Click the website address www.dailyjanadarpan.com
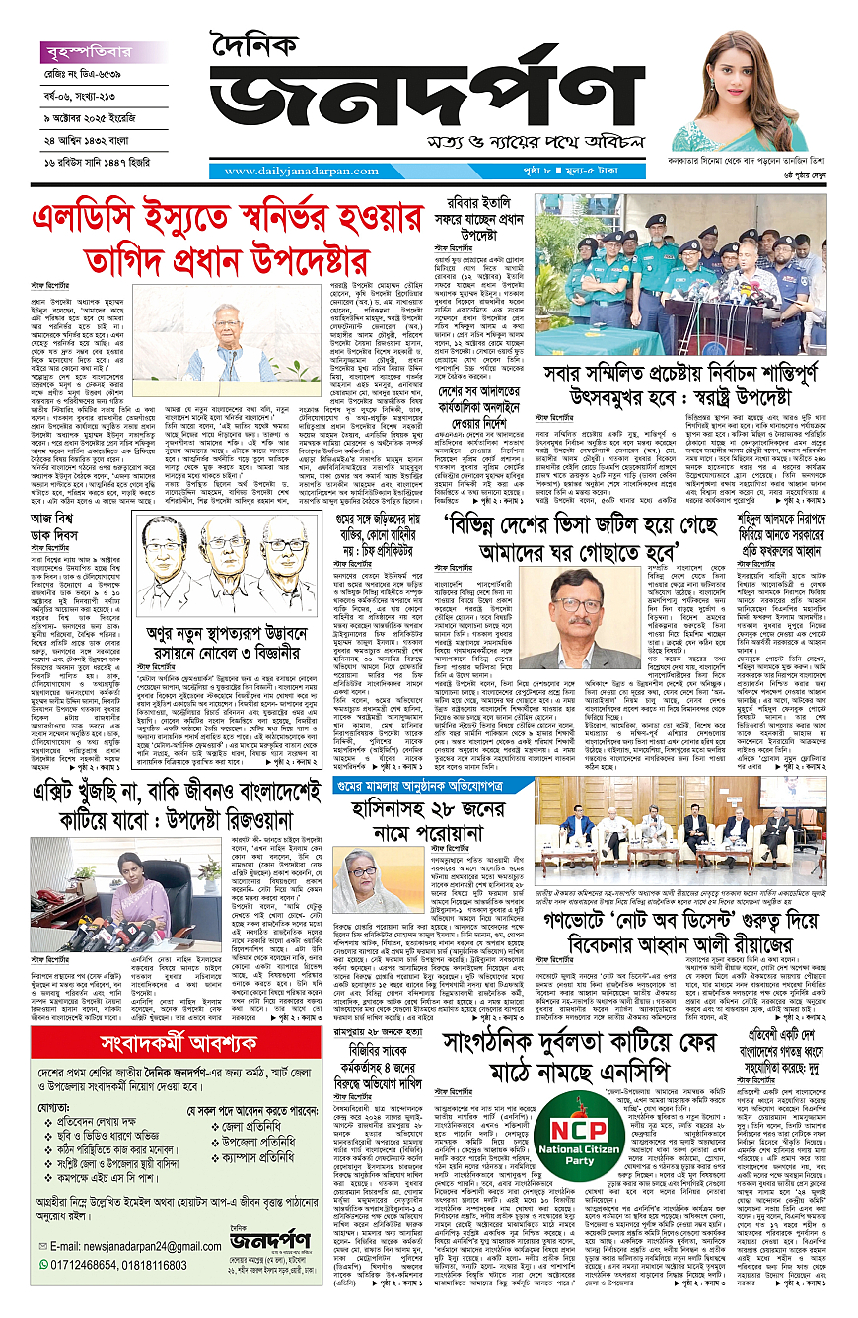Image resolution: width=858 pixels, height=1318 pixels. (x=285, y=171)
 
